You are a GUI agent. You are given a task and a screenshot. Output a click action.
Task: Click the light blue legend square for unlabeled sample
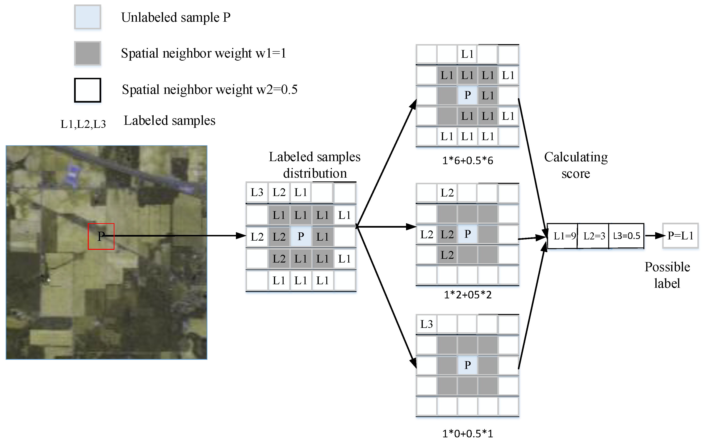coord(88,17)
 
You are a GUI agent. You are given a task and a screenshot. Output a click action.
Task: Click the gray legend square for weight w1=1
coord(88,53)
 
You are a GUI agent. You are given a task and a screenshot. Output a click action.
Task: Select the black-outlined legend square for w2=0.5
coord(88,90)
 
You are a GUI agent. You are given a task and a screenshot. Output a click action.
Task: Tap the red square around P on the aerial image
coord(101,236)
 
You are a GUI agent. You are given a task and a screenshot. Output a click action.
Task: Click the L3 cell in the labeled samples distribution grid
coord(257,192)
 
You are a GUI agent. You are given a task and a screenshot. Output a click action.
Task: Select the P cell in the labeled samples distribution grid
coord(301,236)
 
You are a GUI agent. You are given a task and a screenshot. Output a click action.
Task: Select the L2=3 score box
coord(594,236)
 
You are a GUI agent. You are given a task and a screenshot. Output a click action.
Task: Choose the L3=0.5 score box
coord(626,236)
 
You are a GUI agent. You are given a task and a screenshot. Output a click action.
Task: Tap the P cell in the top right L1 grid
coord(467,95)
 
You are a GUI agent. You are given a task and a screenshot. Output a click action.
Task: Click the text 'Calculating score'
coord(576,165)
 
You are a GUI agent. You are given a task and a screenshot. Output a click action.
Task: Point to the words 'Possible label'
coord(667,275)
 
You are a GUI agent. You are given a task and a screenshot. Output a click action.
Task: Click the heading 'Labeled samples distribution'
coord(314,165)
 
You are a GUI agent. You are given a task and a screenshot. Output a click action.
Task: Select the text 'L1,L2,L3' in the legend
coord(83,124)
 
